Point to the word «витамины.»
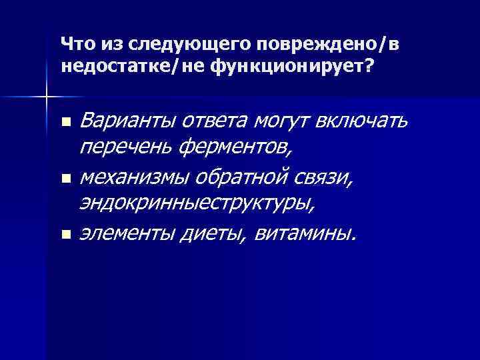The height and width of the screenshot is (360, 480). click(306, 234)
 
